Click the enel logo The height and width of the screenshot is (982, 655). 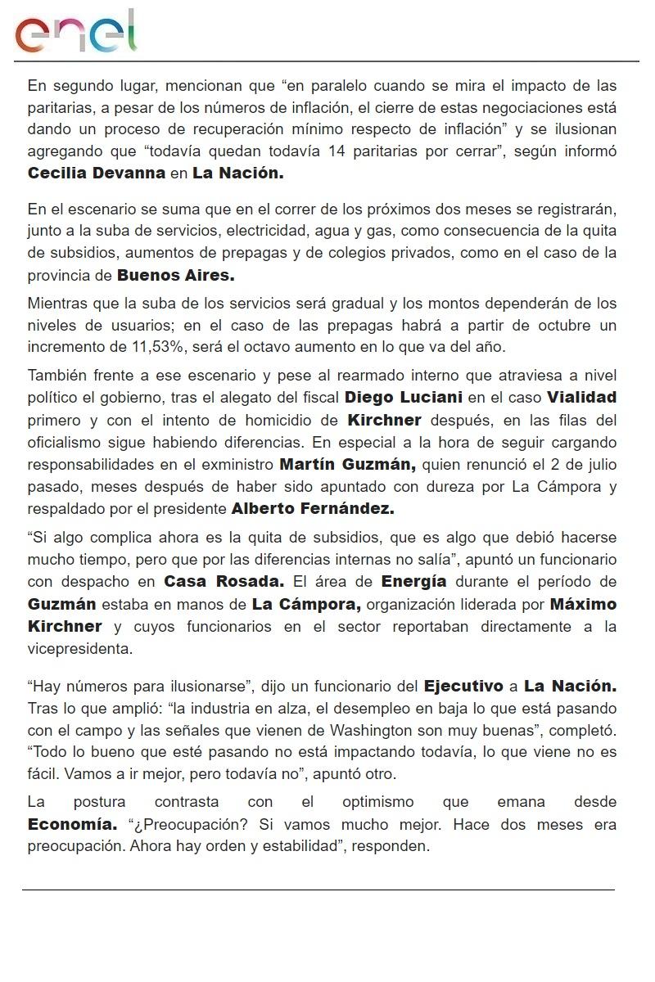(x=75, y=32)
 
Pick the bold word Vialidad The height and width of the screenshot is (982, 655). (x=581, y=398)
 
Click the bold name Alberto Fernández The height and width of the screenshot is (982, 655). (x=313, y=508)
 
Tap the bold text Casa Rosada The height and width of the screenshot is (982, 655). (x=224, y=582)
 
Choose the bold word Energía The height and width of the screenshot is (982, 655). (x=413, y=582)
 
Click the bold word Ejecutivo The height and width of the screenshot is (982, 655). (x=465, y=685)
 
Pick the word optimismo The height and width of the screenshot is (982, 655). (x=377, y=802)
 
